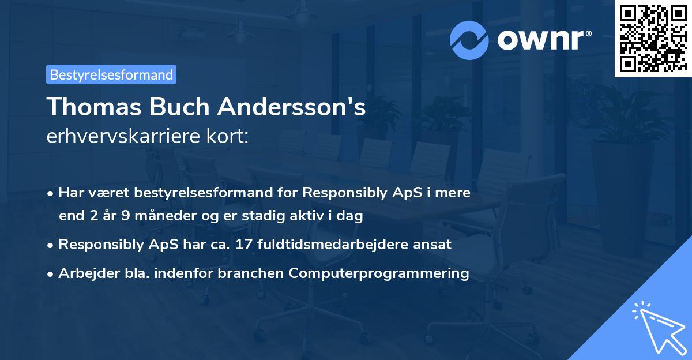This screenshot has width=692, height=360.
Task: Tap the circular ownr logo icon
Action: coord(469,40)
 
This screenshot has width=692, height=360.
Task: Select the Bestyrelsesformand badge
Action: coord(111,74)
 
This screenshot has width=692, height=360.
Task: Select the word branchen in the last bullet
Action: coord(257,273)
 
